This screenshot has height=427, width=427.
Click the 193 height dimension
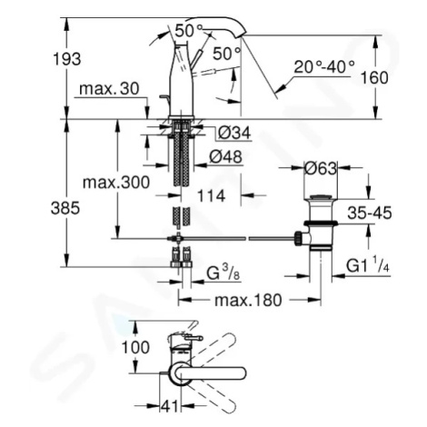click(67, 59)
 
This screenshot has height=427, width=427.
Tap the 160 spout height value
click(374, 78)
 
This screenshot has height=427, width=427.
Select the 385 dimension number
click(65, 208)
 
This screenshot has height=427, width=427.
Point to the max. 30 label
click(109, 89)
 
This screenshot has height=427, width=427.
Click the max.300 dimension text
click(116, 183)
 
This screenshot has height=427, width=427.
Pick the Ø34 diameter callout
click(234, 133)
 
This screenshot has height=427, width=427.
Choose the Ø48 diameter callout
click(226, 157)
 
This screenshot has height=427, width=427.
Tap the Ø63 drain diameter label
click(321, 168)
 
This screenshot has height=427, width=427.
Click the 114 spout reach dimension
click(212, 195)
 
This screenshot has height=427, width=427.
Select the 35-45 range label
click(370, 213)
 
